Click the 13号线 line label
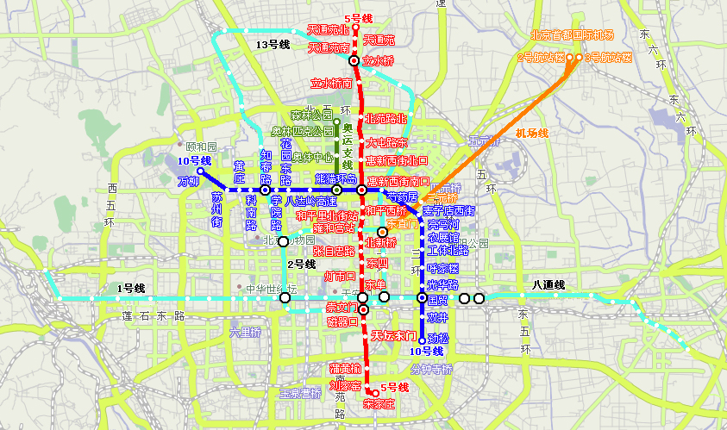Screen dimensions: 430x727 [x=273, y=43]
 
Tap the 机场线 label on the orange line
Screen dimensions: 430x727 [x=532, y=133]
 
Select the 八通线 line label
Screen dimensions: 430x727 [x=548, y=284]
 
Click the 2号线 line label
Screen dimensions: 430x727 [x=302, y=264]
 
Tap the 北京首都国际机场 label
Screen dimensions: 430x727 [x=572, y=35]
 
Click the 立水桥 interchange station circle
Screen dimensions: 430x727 [x=354, y=61]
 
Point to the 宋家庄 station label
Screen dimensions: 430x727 [x=379, y=402]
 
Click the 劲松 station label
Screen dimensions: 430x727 [x=438, y=338]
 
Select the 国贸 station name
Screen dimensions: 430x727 [x=438, y=300]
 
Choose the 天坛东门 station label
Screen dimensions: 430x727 [x=394, y=334]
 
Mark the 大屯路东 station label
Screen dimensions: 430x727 [x=385, y=142]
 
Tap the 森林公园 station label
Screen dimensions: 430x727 [x=311, y=115]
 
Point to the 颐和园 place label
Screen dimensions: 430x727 [x=201, y=147]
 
